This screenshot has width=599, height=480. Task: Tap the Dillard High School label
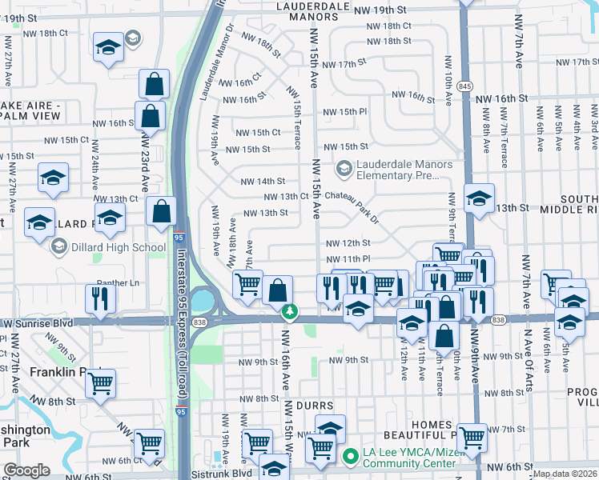117,247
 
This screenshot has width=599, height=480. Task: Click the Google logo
26,470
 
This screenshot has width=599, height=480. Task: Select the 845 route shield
464,85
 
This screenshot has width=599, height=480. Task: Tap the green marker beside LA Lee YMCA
349,458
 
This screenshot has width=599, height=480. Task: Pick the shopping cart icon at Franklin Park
100,383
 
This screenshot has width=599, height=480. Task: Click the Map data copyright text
564,474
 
